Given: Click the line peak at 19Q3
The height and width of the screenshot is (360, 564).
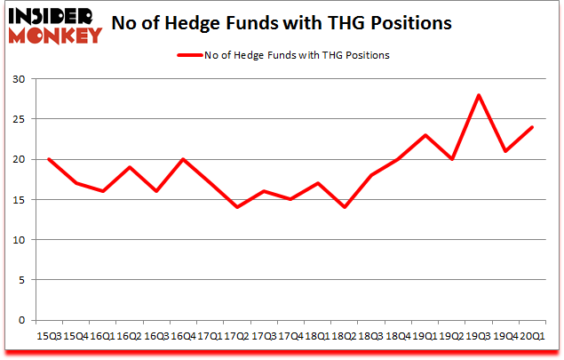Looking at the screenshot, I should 480,95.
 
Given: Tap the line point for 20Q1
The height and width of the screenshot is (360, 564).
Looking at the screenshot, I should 530,127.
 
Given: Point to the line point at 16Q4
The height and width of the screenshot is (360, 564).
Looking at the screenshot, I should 182,159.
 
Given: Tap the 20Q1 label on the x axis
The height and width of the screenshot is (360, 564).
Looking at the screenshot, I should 530,336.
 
